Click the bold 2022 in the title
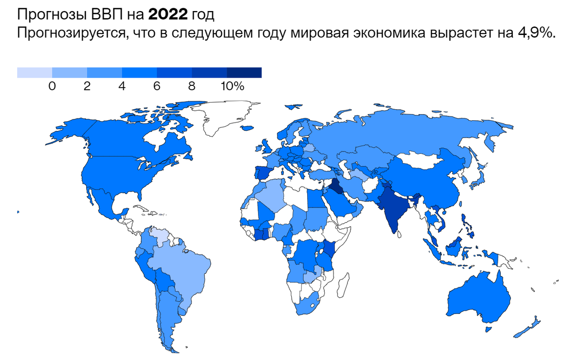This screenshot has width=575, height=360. (168, 16)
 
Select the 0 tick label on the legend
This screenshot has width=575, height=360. (52, 87)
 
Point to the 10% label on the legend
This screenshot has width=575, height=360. (233, 87)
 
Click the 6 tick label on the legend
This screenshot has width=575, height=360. (157, 87)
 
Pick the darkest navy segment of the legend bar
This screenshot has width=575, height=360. (244, 72)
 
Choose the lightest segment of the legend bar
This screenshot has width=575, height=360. (34, 72)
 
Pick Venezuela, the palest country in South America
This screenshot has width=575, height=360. (161, 236)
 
